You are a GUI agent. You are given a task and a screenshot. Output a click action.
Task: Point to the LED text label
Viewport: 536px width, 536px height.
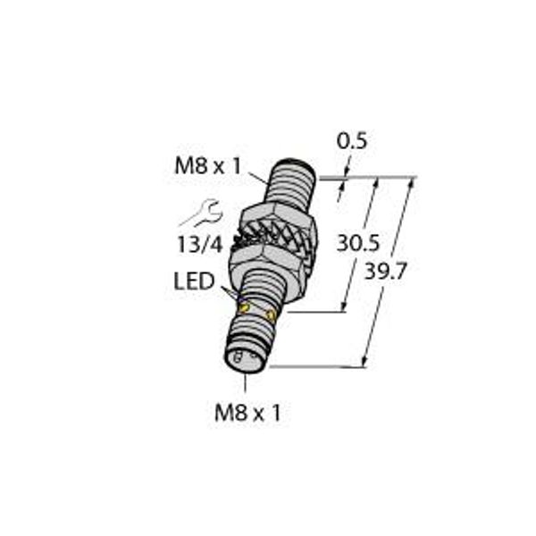pos(194,282)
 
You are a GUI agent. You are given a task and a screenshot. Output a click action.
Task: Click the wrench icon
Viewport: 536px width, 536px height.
pos(201,214)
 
